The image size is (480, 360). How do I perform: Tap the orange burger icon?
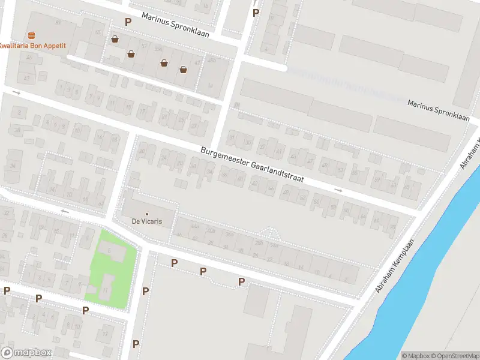32,35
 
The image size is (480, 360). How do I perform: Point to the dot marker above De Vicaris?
146,214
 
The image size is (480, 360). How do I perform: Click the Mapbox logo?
26,352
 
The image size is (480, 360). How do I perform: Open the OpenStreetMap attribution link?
454,356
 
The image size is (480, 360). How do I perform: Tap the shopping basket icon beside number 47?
183,70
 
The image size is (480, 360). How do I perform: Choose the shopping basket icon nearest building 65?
114,40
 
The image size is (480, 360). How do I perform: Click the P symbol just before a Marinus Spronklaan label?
127,22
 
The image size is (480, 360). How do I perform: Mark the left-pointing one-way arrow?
65,211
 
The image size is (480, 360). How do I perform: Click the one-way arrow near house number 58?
338,190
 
